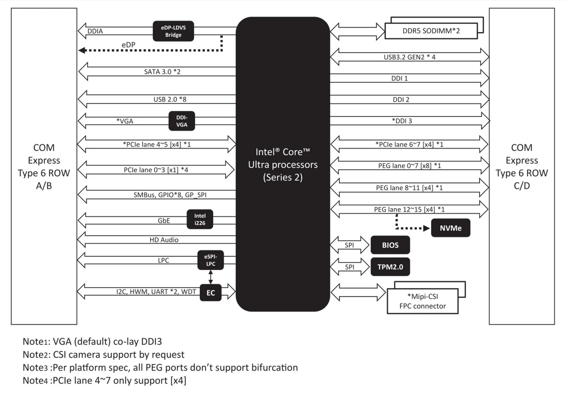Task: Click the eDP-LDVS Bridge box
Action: tap(173, 31)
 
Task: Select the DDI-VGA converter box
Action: tap(182, 121)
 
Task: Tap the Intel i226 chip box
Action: tap(199, 219)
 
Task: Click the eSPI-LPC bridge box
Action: tap(210, 260)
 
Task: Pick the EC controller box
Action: tap(210, 293)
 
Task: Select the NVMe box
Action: tap(451, 228)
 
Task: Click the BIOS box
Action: tap(390, 245)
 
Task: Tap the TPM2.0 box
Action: tap(390, 267)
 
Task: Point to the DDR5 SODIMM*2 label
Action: tap(431, 31)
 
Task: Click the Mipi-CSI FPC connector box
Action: tap(423, 301)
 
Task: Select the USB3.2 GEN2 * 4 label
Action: tap(410, 57)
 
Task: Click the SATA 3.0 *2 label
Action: tap(162, 72)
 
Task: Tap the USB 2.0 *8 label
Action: tap(170, 99)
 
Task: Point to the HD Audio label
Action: tap(164, 240)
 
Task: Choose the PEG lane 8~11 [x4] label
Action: tap(409, 188)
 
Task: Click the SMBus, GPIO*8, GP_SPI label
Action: tap(170, 195)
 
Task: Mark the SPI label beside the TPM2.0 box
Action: tap(349, 267)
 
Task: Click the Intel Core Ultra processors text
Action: tap(283, 165)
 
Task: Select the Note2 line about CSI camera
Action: tap(103, 355)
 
